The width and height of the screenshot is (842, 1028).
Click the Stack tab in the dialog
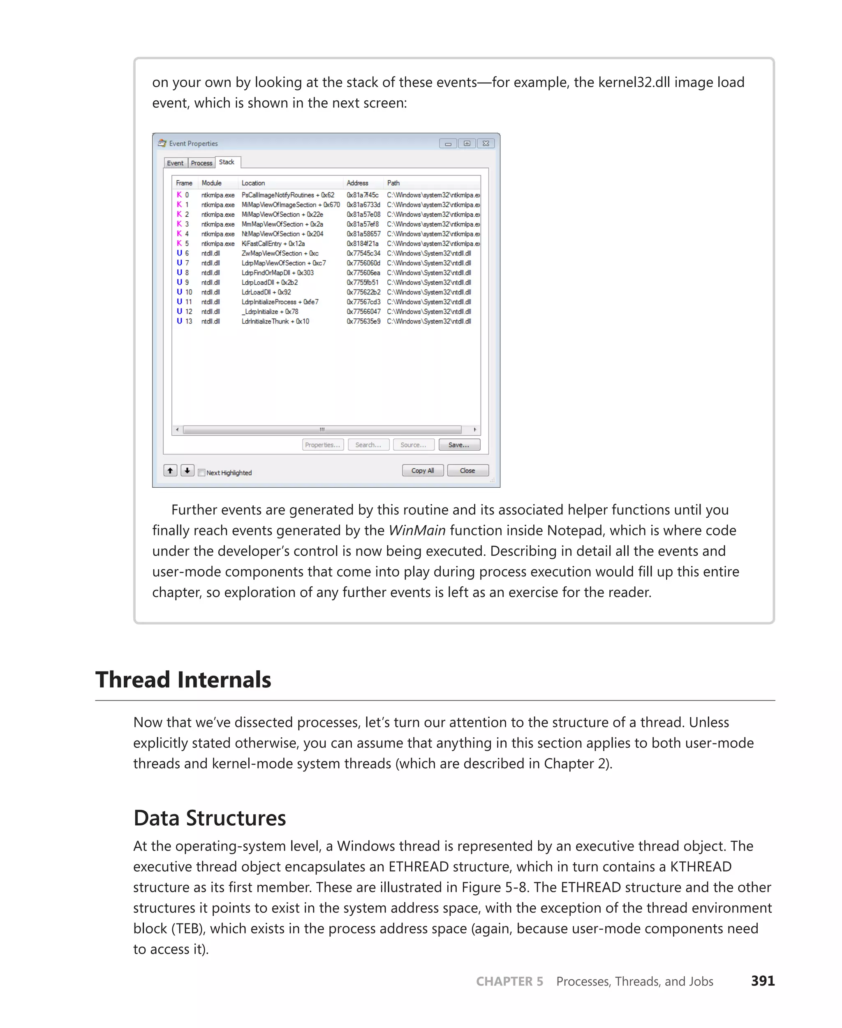pos(227,162)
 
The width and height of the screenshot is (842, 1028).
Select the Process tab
pos(201,163)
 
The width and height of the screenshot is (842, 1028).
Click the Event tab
pos(175,163)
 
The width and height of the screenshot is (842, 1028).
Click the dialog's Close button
pos(467,470)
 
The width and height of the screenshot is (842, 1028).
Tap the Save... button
pos(459,445)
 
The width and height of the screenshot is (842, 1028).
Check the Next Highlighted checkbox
pos(201,472)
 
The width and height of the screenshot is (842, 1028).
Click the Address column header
pos(357,183)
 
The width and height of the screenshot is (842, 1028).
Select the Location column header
pos(253,183)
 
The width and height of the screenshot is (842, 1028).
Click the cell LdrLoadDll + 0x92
pos(266,292)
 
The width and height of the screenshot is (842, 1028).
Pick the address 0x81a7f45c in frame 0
pos(362,195)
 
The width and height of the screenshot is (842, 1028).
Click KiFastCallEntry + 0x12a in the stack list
pos(273,243)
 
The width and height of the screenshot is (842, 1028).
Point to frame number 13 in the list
pos(189,321)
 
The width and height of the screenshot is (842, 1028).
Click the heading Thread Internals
pos(183,679)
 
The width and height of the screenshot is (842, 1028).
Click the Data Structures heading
pos(210,817)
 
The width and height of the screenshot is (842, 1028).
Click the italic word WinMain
pos(416,530)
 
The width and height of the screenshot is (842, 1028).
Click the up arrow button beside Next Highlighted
pos(170,470)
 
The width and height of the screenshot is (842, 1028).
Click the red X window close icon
pos(486,144)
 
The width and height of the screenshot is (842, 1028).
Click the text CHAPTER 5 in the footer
pos(509,981)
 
